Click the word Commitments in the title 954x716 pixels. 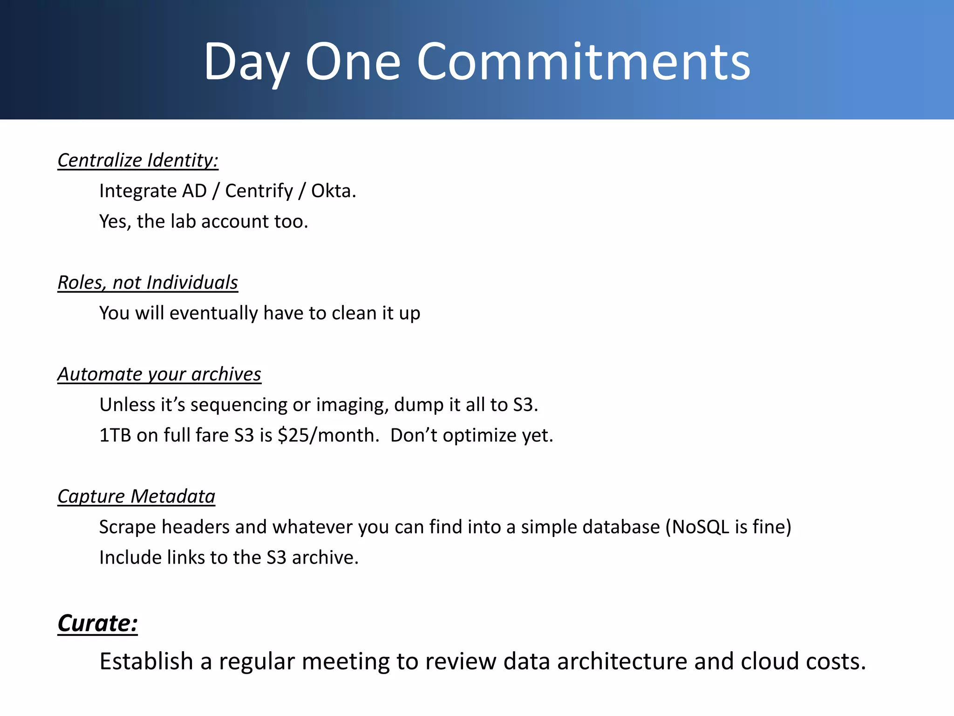(x=583, y=62)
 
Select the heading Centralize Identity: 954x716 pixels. (x=138, y=160)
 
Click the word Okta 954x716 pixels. (x=334, y=191)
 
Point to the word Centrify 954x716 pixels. (x=259, y=191)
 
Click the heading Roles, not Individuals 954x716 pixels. (x=148, y=282)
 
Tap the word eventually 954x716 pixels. (x=213, y=313)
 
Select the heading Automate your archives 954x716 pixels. (x=159, y=374)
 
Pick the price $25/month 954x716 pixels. (x=328, y=435)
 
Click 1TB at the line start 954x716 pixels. (x=115, y=435)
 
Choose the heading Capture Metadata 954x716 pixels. (x=136, y=496)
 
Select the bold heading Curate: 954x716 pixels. (x=97, y=623)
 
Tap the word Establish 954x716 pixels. (x=146, y=661)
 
